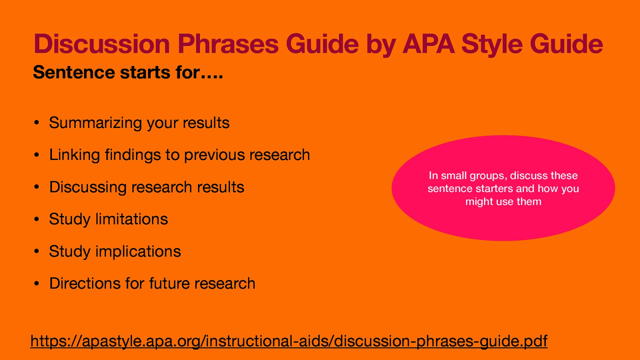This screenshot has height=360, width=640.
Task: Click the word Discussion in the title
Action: pos(102,44)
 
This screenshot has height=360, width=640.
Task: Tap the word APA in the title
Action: pos(428,44)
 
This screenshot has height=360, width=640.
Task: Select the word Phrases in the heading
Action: pos(228,44)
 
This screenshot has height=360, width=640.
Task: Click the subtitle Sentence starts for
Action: pos(128,73)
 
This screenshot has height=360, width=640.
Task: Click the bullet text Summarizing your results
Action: pos(139,123)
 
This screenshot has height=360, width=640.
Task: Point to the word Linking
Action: pos(74,155)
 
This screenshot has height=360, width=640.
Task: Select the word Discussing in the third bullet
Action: pos(88,187)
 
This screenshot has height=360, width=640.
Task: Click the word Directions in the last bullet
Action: pos(84,284)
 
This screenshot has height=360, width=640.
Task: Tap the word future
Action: pos(169,284)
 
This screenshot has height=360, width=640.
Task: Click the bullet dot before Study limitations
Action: pos(36,220)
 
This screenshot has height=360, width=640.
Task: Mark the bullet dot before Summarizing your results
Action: pos(36,123)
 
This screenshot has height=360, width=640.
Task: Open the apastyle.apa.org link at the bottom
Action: pos(289,341)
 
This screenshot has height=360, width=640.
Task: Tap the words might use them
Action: pos(503,202)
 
